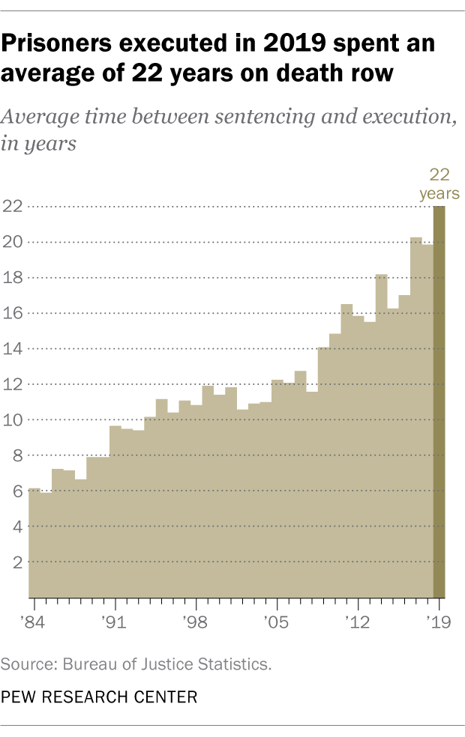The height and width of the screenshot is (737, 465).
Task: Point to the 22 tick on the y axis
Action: pos(13,207)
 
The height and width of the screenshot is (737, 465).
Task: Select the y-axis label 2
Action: pos(16,562)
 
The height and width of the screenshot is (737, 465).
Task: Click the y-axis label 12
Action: pos(13,384)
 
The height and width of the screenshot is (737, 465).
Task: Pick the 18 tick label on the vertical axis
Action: pos(13,278)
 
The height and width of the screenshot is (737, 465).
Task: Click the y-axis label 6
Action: pos(16,491)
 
